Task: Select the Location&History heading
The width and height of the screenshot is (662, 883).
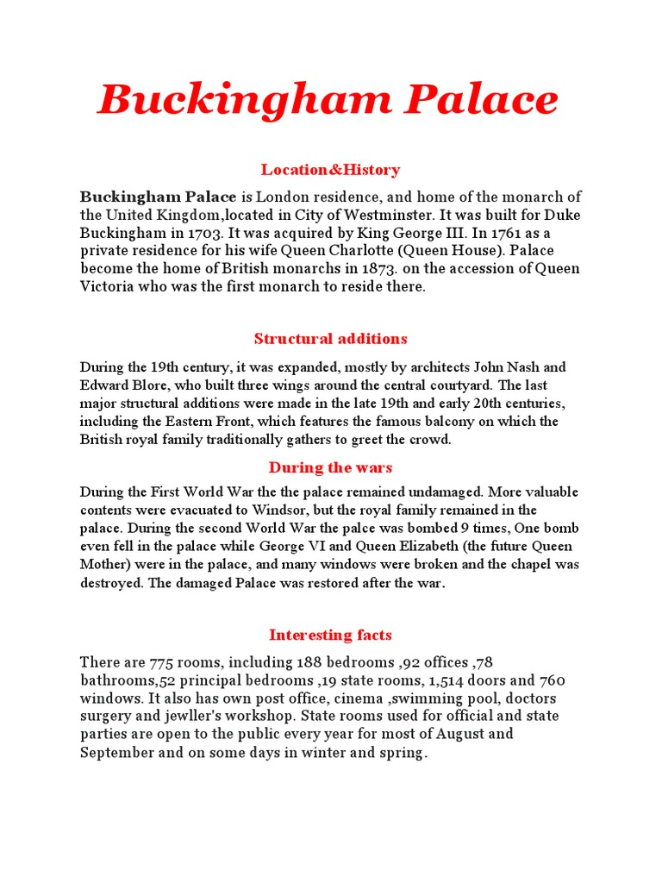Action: (330, 170)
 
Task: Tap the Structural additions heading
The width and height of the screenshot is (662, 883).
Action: (331, 339)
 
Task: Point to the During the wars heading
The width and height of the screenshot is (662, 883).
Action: (330, 467)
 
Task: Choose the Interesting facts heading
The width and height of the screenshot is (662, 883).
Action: (330, 636)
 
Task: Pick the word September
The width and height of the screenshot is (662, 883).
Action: (116, 752)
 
